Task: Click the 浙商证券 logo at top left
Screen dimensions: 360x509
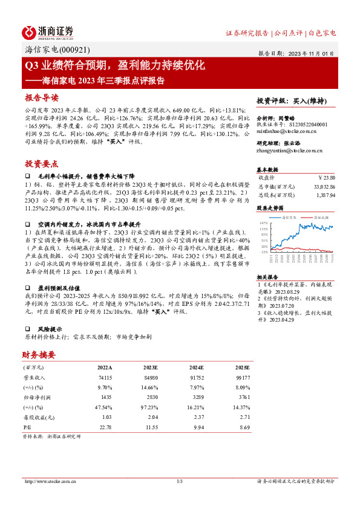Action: pos(48,31)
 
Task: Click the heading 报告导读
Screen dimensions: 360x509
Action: pos(42,97)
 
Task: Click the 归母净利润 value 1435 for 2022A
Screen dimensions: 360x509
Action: pos(105,398)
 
